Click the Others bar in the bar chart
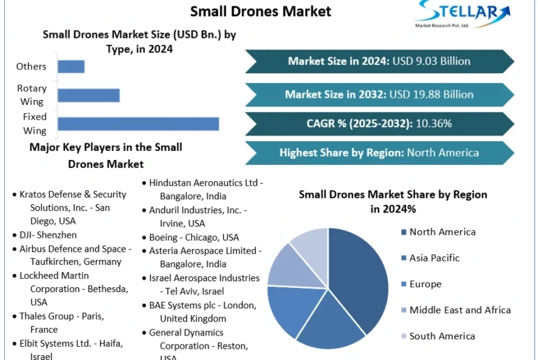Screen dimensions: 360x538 pyautogui.click(x=71, y=66)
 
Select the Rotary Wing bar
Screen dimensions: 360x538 pyautogui.click(x=89, y=96)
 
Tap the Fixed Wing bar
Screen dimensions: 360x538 pyautogui.click(x=138, y=124)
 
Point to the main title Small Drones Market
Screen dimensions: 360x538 pyautogui.click(x=261, y=11)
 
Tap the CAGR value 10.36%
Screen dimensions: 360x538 pyautogui.click(x=434, y=124)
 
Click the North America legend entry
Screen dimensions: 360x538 pyautogui.click(x=442, y=232)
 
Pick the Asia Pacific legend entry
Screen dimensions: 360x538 pyautogui.click(x=434, y=258)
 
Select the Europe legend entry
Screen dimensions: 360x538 pyautogui.click(x=425, y=285)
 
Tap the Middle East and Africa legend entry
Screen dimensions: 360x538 pyautogui.click(x=460, y=310)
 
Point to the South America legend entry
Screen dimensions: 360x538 pyautogui.click(x=442, y=336)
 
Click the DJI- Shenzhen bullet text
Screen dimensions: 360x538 pyautogui.click(x=48, y=235)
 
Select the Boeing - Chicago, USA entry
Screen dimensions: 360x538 pyautogui.click(x=194, y=238)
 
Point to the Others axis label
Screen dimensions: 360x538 pyautogui.click(x=31, y=66)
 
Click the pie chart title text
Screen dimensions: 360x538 pyautogui.click(x=393, y=201)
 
